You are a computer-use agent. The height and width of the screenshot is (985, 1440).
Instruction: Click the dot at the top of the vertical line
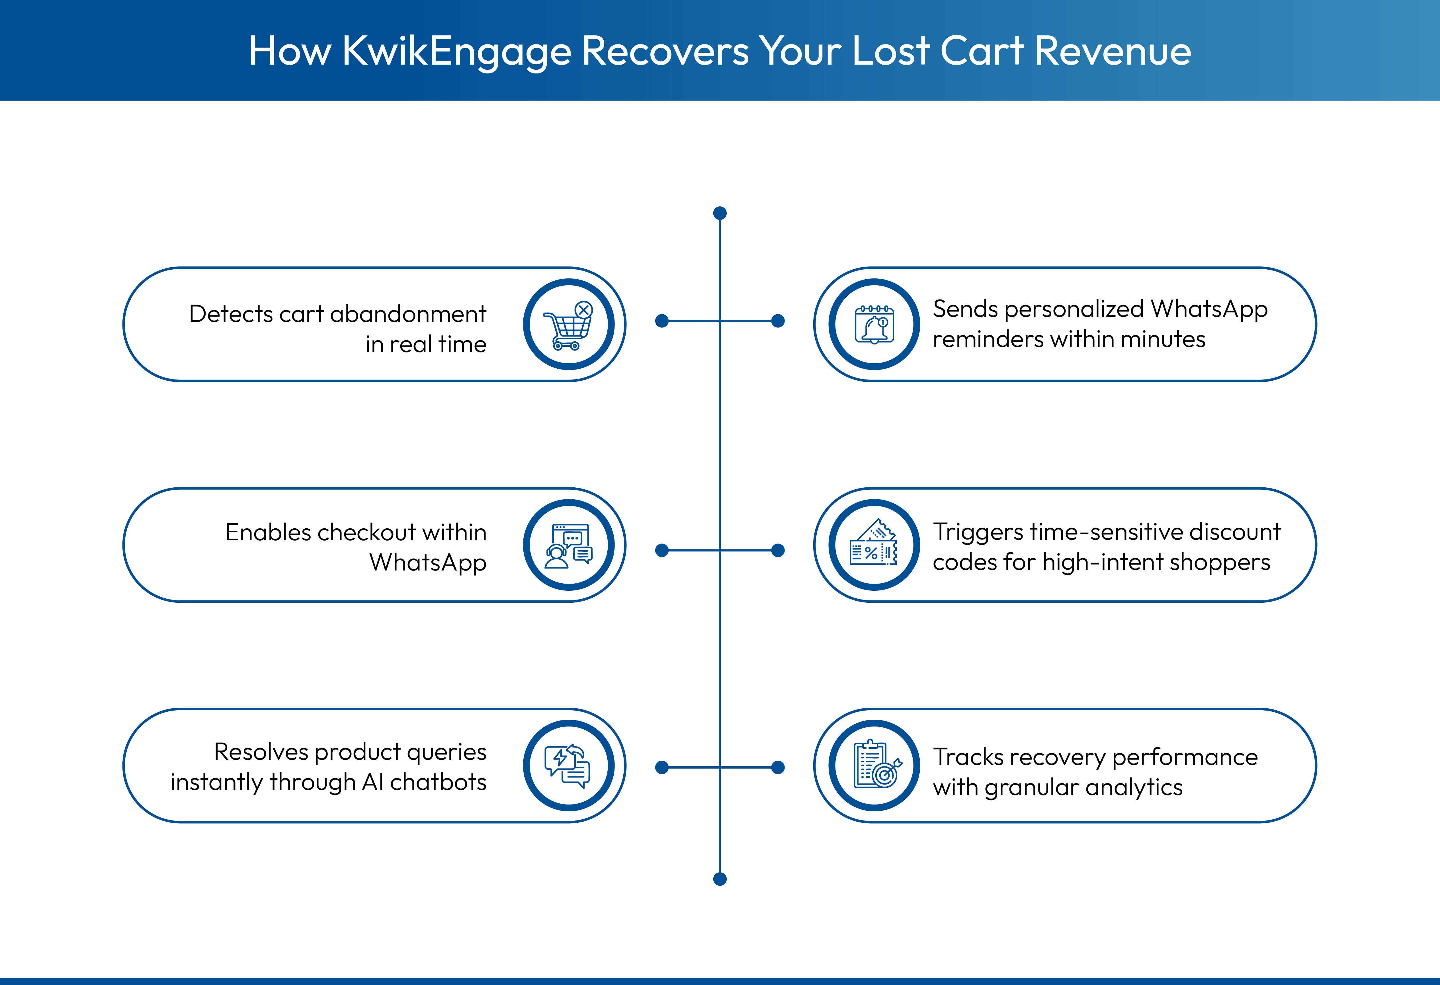pyautogui.click(x=719, y=213)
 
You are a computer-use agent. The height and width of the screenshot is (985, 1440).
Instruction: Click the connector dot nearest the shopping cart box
pyautogui.click(x=662, y=321)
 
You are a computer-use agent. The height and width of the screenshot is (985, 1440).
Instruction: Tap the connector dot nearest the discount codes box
pyautogui.click(x=778, y=550)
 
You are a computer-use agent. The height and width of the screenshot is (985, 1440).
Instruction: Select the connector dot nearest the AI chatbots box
pyautogui.click(x=662, y=768)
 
